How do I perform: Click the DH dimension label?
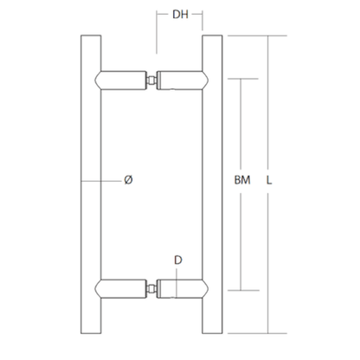(x=180, y=14)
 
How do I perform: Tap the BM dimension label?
(x=242, y=180)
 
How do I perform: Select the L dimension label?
(x=269, y=180)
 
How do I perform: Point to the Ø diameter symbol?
(x=128, y=180)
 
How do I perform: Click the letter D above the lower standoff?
(x=178, y=260)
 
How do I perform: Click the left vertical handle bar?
(x=91, y=184)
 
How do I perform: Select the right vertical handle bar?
(x=212, y=184)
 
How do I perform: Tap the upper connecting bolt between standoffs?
(x=151, y=80)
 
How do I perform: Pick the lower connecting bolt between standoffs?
(x=151, y=288)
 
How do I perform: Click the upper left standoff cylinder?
(x=121, y=80)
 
